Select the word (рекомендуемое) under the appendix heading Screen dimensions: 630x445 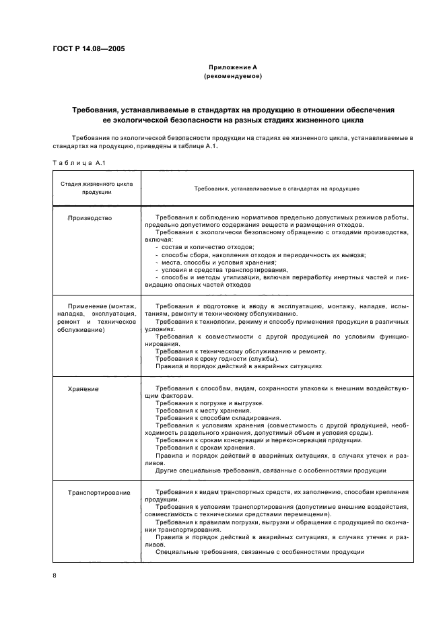point(232,77)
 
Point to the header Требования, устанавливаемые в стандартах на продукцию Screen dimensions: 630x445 point(277,188)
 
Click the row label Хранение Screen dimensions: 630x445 point(83,389)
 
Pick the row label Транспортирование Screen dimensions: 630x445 point(99,492)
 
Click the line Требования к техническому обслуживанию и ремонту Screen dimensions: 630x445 point(240,351)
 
